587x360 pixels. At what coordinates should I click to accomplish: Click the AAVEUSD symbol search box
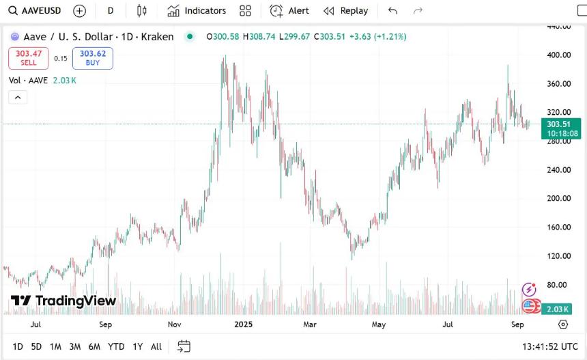pyautogui.click(x=36, y=11)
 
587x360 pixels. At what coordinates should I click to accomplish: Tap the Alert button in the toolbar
pyautogui.click(x=289, y=11)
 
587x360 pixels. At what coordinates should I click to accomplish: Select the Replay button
pyautogui.click(x=345, y=11)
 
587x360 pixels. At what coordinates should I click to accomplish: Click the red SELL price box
pyautogui.click(x=29, y=58)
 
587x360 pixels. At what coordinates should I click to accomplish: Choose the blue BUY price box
pyautogui.click(x=93, y=58)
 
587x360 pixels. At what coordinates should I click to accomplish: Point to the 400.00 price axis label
pyautogui.click(x=559, y=55)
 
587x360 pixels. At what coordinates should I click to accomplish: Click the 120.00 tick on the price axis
pyautogui.click(x=559, y=256)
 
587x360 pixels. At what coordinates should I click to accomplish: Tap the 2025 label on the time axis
pyautogui.click(x=243, y=324)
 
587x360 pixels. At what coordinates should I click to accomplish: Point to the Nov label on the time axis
pyautogui.click(x=174, y=324)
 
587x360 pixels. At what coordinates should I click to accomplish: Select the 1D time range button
pyautogui.click(x=18, y=346)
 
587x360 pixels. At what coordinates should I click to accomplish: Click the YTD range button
pyautogui.click(x=116, y=346)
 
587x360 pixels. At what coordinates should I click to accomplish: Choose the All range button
pyautogui.click(x=156, y=346)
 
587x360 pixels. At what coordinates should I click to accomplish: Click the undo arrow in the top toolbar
pyautogui.click(x=392, y=11)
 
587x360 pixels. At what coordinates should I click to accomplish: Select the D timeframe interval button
pyautogui.click(x=111, y=11)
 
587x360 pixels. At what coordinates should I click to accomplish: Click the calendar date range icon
pyautogui.click(x=184, y=346)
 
